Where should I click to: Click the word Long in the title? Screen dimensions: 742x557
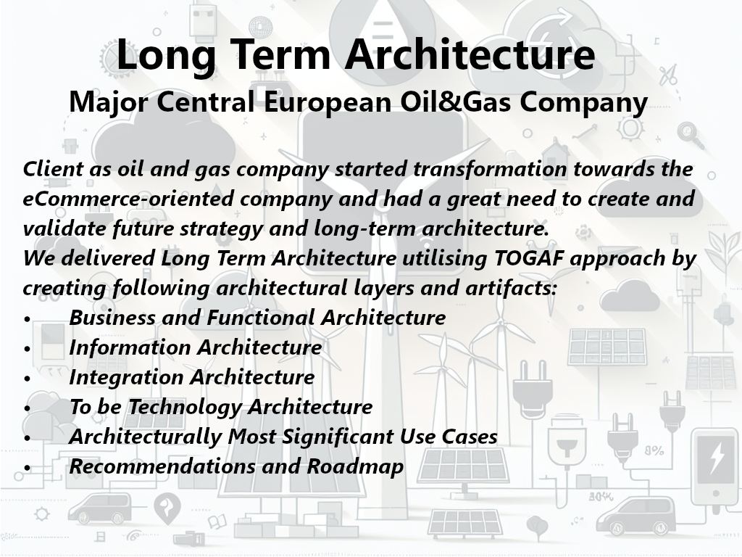tap(166, 56)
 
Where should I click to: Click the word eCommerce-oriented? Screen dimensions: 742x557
tap(128, 199)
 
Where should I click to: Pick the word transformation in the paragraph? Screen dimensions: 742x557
tap(490, 168)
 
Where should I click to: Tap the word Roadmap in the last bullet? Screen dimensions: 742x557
tap(355, 467)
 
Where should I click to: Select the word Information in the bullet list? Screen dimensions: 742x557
tap(130, 347)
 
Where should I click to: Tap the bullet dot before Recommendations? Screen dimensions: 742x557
tap(28, 468)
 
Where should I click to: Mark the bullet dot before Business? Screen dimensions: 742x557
tap(28, 319)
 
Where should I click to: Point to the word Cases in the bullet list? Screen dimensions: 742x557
tap(470, 437)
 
